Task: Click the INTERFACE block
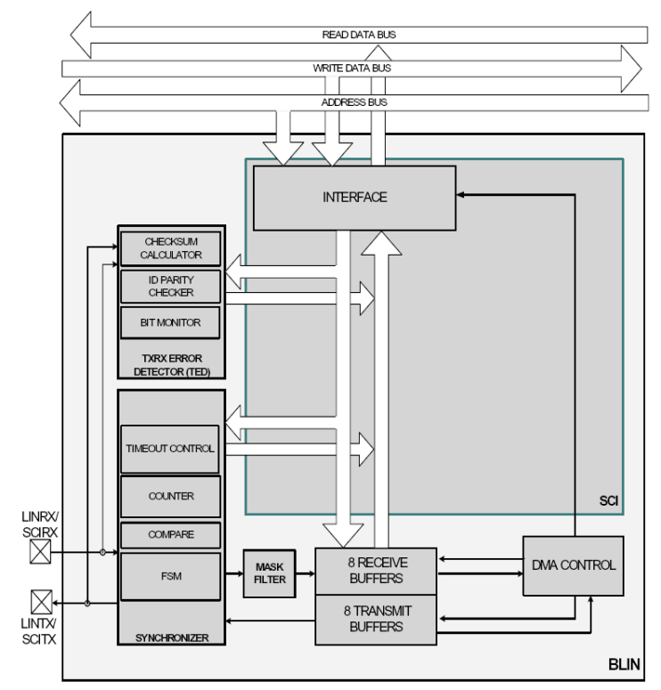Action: tap(355, 198)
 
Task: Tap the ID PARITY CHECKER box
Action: tap(170, 286)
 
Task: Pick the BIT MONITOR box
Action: tap(170, 322)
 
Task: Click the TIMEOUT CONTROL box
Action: tap(170, 448)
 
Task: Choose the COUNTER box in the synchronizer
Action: tap(170, 496)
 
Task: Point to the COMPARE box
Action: tap(170, 535)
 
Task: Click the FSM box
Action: tap(170, 576)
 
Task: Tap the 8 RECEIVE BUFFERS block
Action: tap(375, 570)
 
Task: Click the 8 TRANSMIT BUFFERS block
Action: tap(375, 619)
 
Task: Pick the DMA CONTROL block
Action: tap(573, 564)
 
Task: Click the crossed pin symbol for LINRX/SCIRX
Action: tap(41, 552)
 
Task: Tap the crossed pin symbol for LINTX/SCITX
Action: tap(41, 603)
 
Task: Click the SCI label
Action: tap(608, 501)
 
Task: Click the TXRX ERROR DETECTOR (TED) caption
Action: tap(170, 364)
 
